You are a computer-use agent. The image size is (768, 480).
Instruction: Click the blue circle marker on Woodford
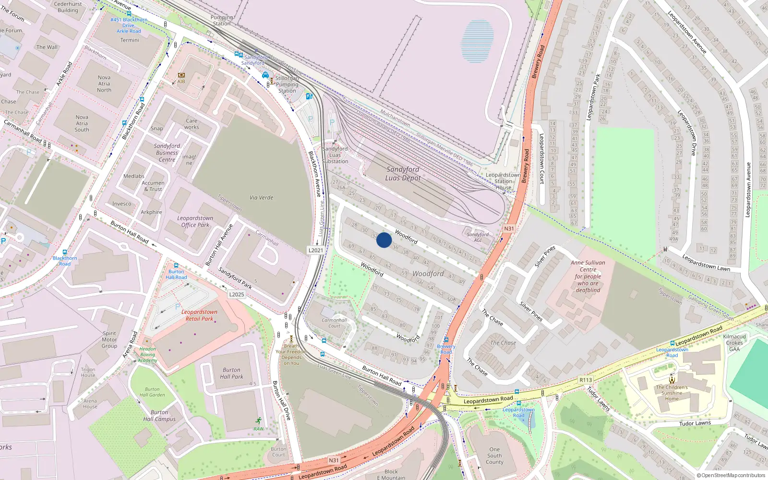384,240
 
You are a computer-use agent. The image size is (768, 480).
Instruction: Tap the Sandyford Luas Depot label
403,174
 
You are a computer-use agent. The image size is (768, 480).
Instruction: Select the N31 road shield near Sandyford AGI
509,229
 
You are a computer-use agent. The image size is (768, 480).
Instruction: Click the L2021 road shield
316,250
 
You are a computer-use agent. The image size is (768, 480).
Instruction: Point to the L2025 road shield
236,294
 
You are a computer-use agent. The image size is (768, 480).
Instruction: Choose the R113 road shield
586,380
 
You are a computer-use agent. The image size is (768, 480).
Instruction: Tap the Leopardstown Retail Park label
199,315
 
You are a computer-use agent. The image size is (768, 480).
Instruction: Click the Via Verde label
261,198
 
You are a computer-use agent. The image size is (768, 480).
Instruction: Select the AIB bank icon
181,75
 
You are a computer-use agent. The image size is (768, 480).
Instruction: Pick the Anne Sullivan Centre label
588,276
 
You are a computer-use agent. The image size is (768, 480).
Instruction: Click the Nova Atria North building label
104,84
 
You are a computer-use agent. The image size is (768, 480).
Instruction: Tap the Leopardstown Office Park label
195,221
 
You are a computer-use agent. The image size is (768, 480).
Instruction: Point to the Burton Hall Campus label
159,416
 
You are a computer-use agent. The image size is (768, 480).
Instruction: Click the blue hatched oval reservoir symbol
478,41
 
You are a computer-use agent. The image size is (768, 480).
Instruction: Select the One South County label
494,456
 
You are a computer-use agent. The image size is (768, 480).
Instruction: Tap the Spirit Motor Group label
109,339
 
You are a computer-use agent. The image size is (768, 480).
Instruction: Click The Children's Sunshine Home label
672,393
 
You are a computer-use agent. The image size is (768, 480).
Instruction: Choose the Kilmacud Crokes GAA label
734,343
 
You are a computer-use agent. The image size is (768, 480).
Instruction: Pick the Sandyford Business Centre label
167,153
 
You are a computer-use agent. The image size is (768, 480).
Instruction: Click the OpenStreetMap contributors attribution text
733,475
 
